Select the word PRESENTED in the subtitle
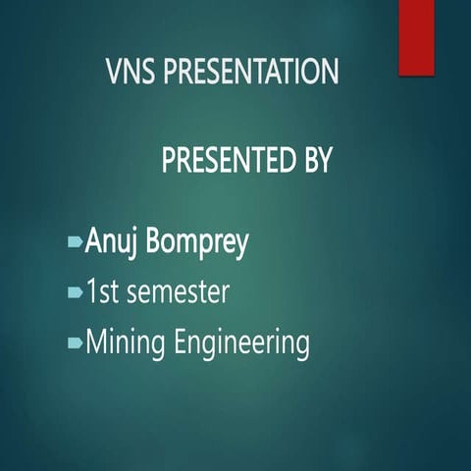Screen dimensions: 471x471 [x=225, y=160]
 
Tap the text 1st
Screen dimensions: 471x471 [x=103, y=291]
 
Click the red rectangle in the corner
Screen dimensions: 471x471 [x=416, y=36]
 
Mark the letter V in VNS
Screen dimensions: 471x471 [x=113, y=72]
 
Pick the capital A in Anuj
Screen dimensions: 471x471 [x=95, y=241]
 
